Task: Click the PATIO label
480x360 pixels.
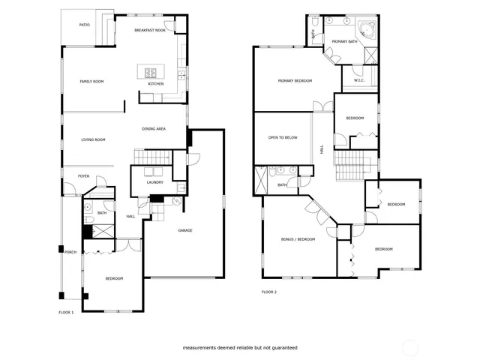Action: tap(85, 25)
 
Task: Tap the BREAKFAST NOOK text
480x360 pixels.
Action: tap(150, 30)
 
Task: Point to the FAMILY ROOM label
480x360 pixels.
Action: tap(91, 81)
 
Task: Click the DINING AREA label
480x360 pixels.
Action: tap(154, 129)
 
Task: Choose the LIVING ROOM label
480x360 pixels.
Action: tap(93, 139)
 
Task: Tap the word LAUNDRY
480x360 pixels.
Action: tap(155, 182)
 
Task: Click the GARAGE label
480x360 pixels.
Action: tap(185, 230)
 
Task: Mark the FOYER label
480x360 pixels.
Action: tap(83, 176)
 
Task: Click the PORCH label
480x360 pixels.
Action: tap(70, 252)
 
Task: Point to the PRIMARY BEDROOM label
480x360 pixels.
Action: tap(295, 81)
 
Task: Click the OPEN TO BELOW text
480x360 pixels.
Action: tap(283, 138)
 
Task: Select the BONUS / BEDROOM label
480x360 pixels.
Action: tap(298, 239)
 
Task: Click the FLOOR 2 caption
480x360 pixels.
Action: tap(269, 292)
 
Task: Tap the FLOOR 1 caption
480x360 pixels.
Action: tap(66, 311)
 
